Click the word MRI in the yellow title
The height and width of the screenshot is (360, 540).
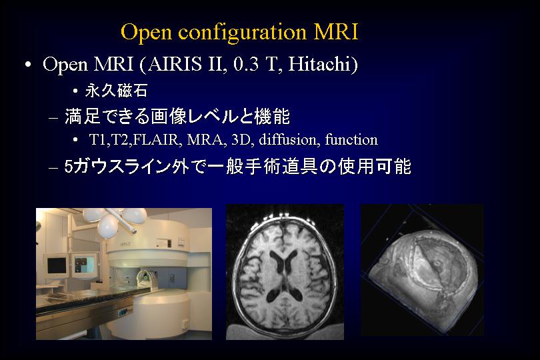[336, 32]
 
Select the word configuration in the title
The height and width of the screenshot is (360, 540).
[242, 33]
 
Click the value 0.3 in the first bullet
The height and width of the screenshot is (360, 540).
[246, 65]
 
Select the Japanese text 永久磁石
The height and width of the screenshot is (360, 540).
[117, 91]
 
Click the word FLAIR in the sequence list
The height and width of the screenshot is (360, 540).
[158, 140]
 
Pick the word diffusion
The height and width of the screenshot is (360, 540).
[287, 139]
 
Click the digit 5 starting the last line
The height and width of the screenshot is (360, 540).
[69, 167]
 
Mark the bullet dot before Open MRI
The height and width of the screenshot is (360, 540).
[28, 65]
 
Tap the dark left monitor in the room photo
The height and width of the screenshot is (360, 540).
[57, 266]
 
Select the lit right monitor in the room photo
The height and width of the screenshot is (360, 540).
[85, 265]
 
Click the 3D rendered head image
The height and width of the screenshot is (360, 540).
[422, 270]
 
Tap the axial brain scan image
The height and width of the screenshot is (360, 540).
[285, 272]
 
